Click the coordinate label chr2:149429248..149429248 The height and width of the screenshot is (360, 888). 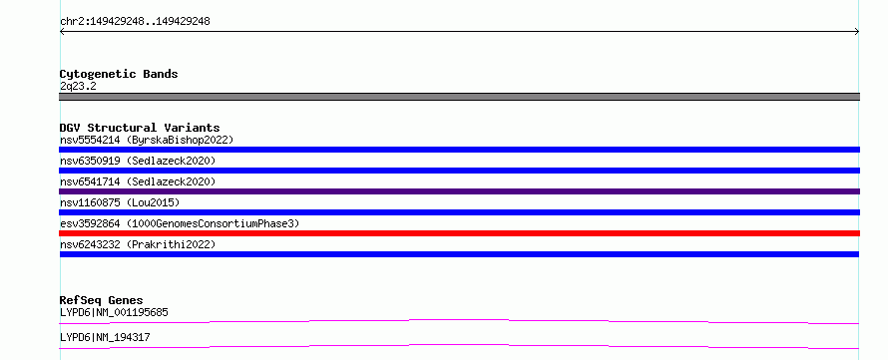(135, 22)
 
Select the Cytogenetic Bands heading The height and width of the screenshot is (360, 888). (119, 74)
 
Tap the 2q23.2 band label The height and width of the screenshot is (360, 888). (78, 87)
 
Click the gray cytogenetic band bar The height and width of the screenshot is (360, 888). (459, 97)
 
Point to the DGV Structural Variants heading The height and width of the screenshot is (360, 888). (140, 128)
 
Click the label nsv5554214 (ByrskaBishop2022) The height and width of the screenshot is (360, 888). (147, 140)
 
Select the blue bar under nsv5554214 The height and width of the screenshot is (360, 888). (459, 150)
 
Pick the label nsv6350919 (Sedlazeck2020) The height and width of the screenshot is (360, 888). (138, 161)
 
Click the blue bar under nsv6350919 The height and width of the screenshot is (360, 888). (459, 171)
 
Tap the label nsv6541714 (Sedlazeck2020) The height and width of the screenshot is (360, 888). (138, 181)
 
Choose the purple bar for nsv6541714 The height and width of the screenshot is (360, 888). (459, 191)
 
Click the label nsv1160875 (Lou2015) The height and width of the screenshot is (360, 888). (120, 202)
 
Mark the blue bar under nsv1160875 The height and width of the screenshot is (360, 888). (459, 212)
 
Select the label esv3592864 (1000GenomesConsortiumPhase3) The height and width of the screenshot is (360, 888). (180, 223)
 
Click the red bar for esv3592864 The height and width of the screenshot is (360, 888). (459, 233)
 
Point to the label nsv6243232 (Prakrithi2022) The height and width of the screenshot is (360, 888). (138, 244)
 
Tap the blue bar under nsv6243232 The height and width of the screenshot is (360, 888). (459, 254)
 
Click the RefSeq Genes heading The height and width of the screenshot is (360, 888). (102, 300)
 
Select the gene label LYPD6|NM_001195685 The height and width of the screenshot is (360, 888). (114, 312)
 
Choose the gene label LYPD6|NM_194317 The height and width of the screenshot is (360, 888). (105, 337)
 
